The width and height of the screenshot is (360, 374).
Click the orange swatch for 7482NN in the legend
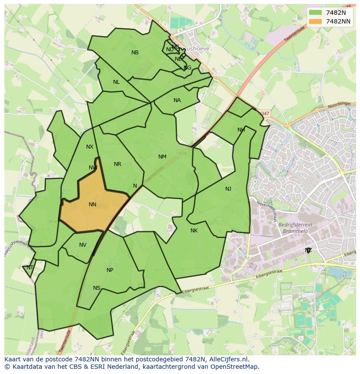click(316, 21)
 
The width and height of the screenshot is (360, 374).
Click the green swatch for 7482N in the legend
click(316, 13)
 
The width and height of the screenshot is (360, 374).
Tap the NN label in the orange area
click(93, 205)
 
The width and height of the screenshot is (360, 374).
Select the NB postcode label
click(135, 53)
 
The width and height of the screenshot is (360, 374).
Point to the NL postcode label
click(116, 82)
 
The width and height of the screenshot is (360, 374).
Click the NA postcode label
click(177, 100)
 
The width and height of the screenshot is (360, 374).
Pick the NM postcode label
click(162, 157)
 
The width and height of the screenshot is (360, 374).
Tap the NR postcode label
click(117, 164)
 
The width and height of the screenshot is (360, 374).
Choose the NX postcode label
click(90, 147)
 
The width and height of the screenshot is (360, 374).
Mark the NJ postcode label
click(228, 189)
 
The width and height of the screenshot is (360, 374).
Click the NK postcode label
click(194, 231)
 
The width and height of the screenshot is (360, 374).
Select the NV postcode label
click(83, 245)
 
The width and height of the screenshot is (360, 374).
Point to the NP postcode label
click(110, 270)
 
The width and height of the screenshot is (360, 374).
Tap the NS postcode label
click(97, 288)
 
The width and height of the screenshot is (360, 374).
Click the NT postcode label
click(30, 268)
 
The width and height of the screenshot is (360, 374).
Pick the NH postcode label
click(241, 130)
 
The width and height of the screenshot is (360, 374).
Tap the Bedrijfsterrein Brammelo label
click(295, 228)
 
